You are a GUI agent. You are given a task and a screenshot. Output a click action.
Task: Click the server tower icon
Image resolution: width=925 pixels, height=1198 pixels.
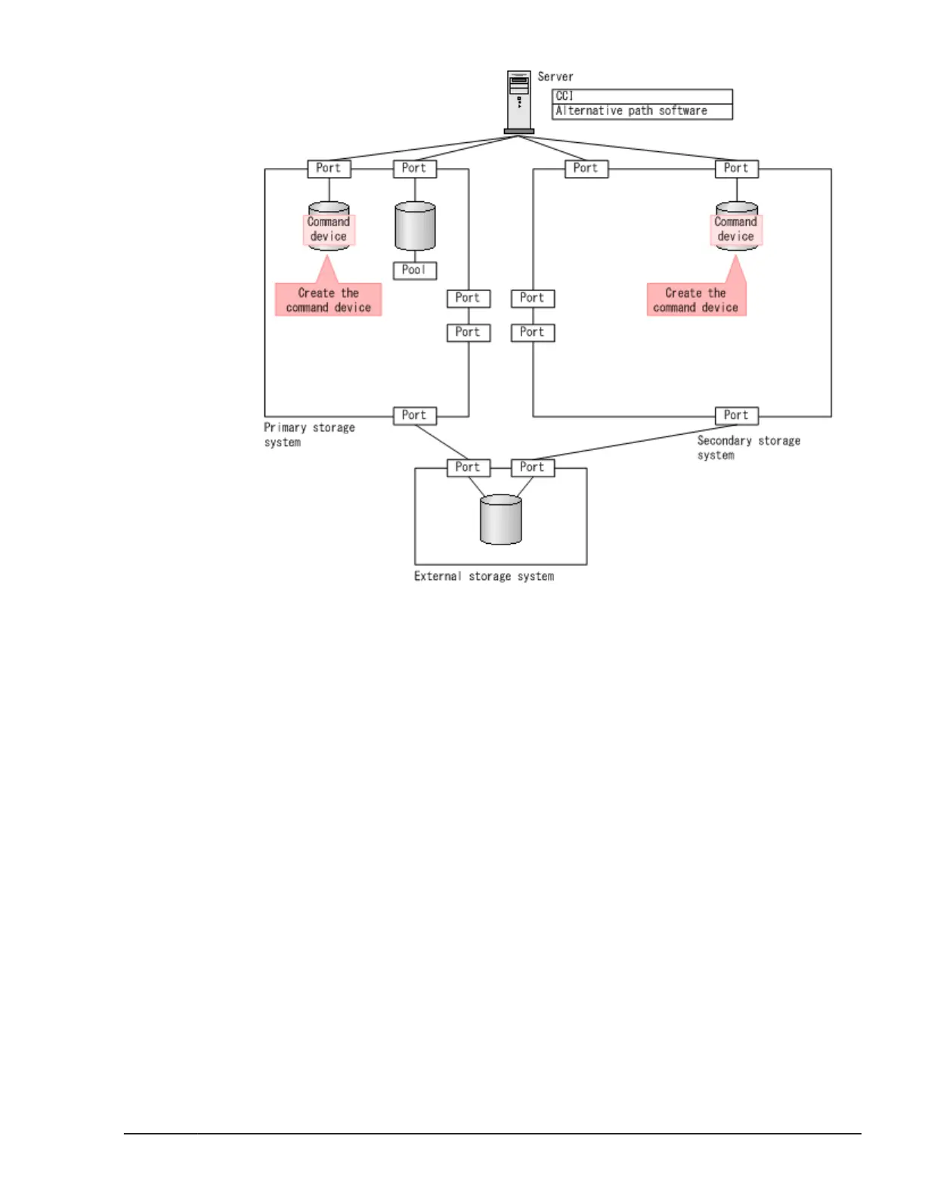pos(519,101)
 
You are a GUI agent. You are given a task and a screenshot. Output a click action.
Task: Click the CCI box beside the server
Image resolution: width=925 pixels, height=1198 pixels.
pos(642,96)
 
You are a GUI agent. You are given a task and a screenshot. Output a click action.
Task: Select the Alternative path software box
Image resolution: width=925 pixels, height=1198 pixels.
pos(642,111)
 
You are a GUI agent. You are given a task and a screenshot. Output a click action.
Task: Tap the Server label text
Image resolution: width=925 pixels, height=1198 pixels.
pos(555,76)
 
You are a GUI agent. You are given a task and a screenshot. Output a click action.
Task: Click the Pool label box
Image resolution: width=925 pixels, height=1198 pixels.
pos(414,270)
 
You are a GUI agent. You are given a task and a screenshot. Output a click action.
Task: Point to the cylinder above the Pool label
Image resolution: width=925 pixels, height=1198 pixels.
pos(415,225)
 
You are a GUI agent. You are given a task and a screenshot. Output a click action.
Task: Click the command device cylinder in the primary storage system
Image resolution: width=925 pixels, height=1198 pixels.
pos(329,226)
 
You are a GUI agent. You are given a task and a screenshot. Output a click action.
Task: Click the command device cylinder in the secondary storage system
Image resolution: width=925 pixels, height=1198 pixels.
pos(737,225)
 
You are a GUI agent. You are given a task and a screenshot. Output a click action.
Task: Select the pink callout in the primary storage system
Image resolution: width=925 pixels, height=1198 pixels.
pos(328,299)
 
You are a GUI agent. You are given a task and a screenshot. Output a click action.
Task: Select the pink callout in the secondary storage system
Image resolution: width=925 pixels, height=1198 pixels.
pos(696,299)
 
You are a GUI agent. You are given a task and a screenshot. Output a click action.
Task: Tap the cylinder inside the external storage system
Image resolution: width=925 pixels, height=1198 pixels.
pos(501,520)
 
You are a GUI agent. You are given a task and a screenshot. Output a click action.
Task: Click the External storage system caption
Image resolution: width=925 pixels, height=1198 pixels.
pos(484,576)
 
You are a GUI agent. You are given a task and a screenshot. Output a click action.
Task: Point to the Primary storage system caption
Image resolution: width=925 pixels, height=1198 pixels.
pos(309,435)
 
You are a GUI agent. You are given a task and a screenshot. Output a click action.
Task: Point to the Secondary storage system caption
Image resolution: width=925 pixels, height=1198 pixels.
pos(748,448)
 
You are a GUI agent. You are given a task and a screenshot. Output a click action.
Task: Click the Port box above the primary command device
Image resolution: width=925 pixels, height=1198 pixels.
pos(329,168)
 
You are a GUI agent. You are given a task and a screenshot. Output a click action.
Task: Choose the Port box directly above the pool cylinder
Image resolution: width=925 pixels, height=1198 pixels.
pos(414,168)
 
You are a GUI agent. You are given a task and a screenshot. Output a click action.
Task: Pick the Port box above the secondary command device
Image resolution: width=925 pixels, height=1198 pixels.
pos(736,168)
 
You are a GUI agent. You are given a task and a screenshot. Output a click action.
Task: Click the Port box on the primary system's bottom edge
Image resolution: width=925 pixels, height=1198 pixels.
pos(414,415)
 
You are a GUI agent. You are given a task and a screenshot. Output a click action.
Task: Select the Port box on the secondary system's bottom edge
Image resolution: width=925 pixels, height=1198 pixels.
pos(736,415)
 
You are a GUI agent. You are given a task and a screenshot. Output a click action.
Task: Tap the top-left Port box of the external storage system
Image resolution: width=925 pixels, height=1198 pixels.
pos(468,467)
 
